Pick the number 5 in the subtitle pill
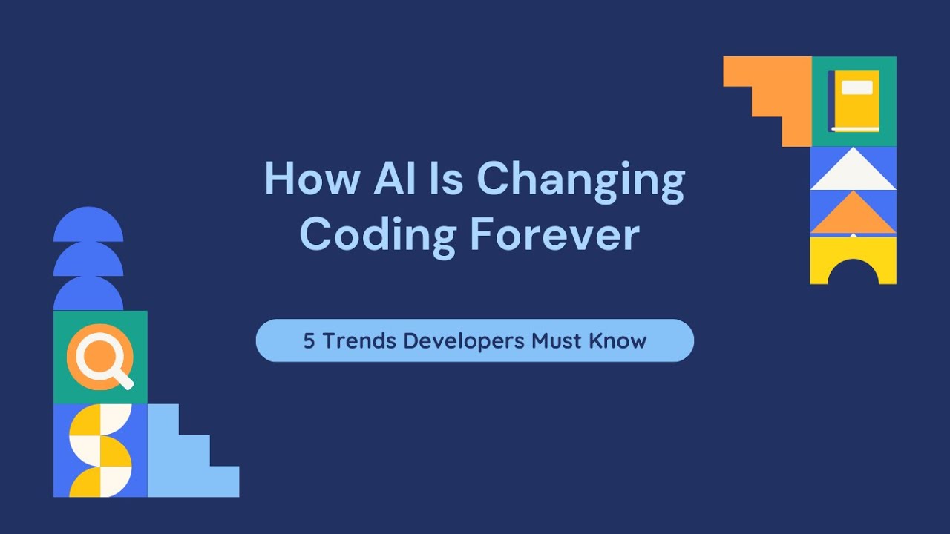(309, 341)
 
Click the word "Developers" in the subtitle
(464, 341)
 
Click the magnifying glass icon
(96, 355)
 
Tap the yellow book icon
(855, 101)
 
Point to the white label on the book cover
(857, 88)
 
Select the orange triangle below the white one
(853, 216)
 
